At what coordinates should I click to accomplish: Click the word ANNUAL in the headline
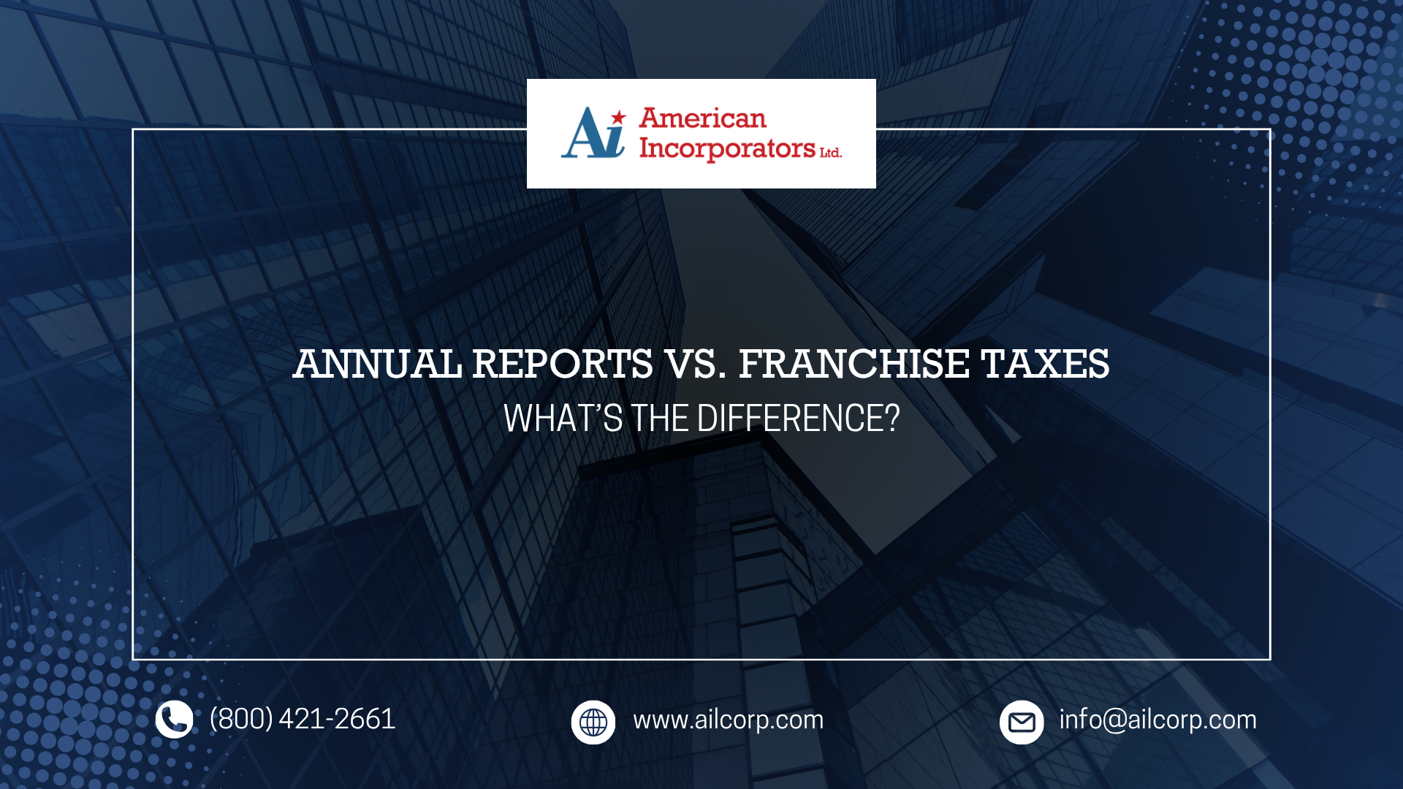(377, 364)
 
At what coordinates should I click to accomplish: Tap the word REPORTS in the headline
(562, 364)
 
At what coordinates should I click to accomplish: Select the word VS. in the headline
(695, 364)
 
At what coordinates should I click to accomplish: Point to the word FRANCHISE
(853, 364)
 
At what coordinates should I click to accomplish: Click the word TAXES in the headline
(1045, 364)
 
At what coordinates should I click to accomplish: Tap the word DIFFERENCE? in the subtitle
(798, 419)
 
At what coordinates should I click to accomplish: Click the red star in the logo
(619, 117)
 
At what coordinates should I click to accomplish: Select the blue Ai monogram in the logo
(593, 134)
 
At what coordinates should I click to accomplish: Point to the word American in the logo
(702, 118)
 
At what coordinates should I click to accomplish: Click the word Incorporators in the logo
(727, 148)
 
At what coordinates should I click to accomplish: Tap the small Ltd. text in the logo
(830, 153)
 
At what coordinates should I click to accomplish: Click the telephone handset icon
(174, 720)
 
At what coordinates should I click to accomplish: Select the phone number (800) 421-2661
(303, 720)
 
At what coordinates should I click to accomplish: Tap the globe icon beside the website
(593, 723)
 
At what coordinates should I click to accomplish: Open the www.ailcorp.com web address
(728, 720)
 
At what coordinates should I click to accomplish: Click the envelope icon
(1021, 723)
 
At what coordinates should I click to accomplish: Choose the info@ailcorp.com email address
(1157, 720)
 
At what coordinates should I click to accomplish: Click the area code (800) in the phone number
(241, 720)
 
